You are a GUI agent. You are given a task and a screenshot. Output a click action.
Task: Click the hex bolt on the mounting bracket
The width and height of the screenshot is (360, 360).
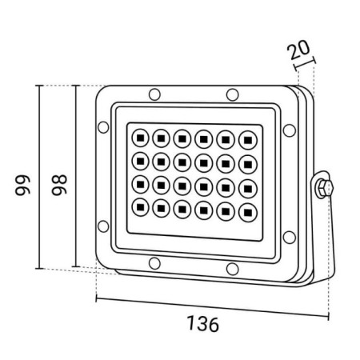(x=323, y=188)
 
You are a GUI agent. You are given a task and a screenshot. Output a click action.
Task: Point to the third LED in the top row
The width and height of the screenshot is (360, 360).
(x=182, y=137)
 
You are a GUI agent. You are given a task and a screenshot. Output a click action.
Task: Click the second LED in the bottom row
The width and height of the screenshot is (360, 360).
(x=160, y=208)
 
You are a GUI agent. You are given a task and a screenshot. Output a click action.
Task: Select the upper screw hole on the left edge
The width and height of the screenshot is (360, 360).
(x=103, y=126)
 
